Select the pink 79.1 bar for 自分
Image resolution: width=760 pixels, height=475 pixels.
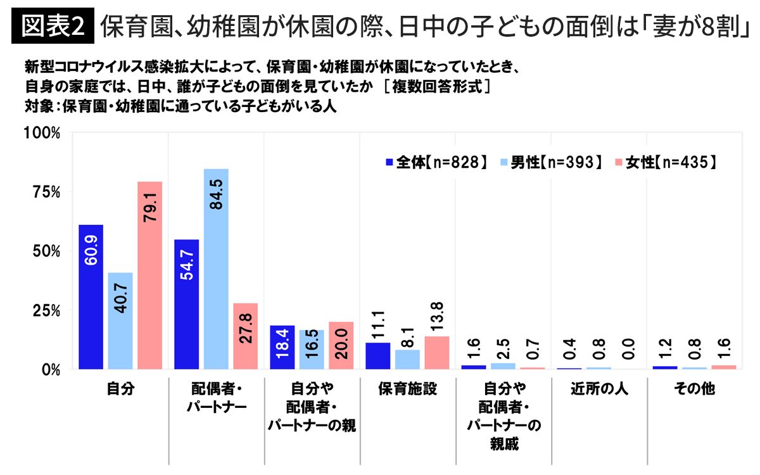coord(150,275)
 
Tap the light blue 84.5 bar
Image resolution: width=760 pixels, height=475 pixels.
coord(216,269)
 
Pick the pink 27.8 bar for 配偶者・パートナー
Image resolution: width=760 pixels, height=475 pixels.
coord(245,336)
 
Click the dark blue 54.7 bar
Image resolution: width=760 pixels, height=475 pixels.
coord(186,304)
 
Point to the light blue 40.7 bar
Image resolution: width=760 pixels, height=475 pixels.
coord(120,320)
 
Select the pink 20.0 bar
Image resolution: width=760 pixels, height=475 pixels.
coord(341,345)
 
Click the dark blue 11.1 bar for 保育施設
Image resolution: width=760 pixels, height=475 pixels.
coord(378,355)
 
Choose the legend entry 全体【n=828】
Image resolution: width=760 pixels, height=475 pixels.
coord(437,162)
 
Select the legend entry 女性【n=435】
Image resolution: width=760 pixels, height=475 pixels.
coord(666,162)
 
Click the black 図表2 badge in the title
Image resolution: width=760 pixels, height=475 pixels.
coord(53,25)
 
